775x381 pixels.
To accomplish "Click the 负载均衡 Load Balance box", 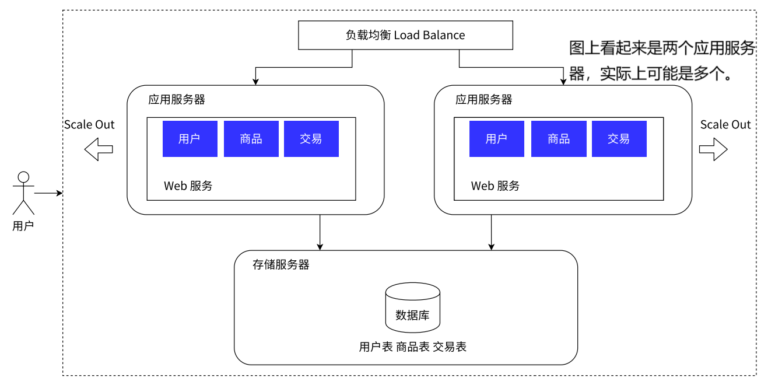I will tap(405, 35).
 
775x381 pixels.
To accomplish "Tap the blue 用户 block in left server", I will tap(190, 139).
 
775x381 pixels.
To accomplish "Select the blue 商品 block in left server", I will tap(251, 139).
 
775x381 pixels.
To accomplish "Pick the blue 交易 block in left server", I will tap(311, 139).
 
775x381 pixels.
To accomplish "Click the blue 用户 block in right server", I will tap(496, 139).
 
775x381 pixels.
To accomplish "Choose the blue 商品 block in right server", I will tap(558, 139).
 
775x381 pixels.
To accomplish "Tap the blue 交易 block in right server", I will tap(619, 139).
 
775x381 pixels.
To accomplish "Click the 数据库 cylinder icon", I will tap(412, 307).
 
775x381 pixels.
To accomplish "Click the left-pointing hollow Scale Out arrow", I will tap(98, 149).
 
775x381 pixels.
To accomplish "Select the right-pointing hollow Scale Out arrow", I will tap(713, 149).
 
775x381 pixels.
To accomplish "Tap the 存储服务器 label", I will tap(280, 265).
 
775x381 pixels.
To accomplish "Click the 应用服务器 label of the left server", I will tap(176, 100).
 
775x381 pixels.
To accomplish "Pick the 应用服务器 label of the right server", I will tap(483, 100).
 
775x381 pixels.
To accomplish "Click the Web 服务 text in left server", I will tap(188, 186).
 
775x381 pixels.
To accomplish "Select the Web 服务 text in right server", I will tap(495, 186).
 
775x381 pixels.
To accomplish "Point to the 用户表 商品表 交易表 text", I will tap(412, 347).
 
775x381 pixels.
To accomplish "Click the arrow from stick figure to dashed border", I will tap(48, 193).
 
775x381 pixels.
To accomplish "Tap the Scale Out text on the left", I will tap(89, 125).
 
